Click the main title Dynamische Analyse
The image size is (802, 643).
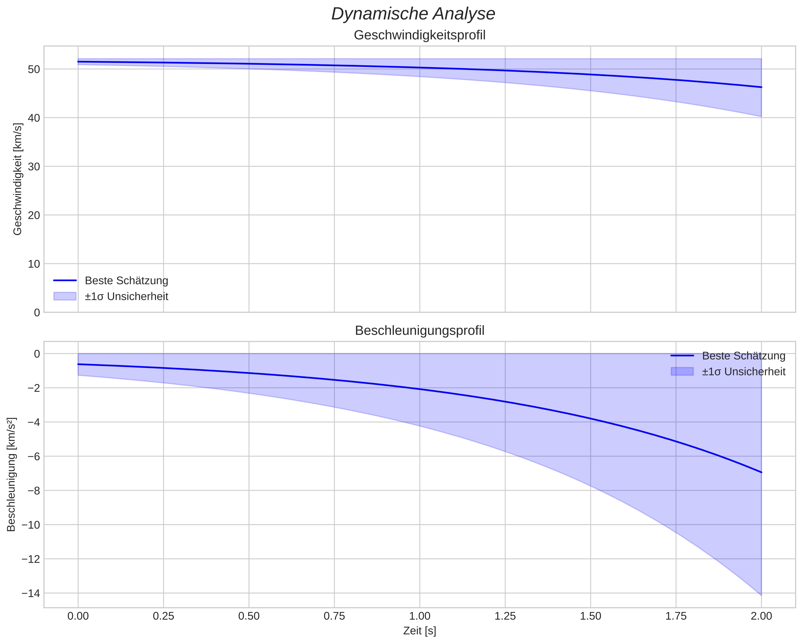pyautogui.click(x=413, y=14)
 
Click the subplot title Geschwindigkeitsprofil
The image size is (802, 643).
pyautogui.click(x=420, y=35)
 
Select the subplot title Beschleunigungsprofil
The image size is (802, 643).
pyautogui.click(x=420, y=331)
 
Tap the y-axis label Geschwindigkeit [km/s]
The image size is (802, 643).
pyautogui.click(x=18, y=179)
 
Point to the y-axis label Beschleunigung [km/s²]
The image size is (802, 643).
pyautogui.click(x=11, y=475)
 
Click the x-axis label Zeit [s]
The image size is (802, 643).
pyautogui.click(x=420, y=631)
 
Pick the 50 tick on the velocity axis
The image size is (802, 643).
pyautogui.click(x=34, y=69)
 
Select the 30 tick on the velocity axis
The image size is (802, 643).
pyautogui.click(x=34, y=167)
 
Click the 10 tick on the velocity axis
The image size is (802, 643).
pyautogui.click(x=34, y=264)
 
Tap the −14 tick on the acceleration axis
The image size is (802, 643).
pyautogui.click(x=31, y=593)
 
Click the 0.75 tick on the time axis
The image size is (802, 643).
pyautogui.click(x=334, y=616)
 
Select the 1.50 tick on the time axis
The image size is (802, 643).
pyautogui.click(x=590, y=616)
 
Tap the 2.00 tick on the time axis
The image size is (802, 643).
pyautogui.click(x=761, y=616)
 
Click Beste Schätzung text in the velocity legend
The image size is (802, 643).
pyautogui.click(x=127, y=281)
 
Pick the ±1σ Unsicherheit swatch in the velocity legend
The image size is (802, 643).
pyautogui.click(x=65, y=296)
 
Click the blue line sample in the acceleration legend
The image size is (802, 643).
pyautogui.click(x=682, y=356)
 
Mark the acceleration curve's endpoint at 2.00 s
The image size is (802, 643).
pyautogui.click(x=761, y=472)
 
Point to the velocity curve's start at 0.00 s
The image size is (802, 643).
pyautogui.click(x=78, y=62)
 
